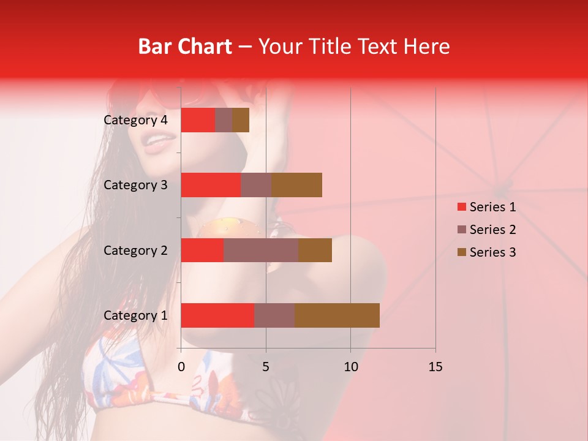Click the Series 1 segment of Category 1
pos(217,315)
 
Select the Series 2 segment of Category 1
pos(274,315)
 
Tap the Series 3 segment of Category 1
pos(337,315)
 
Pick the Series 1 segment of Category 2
pos(202,250)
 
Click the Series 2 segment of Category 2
pos(261,250)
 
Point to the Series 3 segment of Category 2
pos(315,250)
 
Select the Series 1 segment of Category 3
pos(211,185)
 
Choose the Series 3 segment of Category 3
pos(296,185)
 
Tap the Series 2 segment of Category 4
pos(224,120)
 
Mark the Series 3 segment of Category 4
pos(241,120)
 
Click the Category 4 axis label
pos(135,120)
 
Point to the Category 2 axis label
pos(135,250)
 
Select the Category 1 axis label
pos(135,315)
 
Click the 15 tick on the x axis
pos(435,367)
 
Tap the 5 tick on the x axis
pos(266,367)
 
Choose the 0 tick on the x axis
pos(181,367)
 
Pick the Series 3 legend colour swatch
pos(461,252)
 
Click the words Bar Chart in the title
pos(184,47)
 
